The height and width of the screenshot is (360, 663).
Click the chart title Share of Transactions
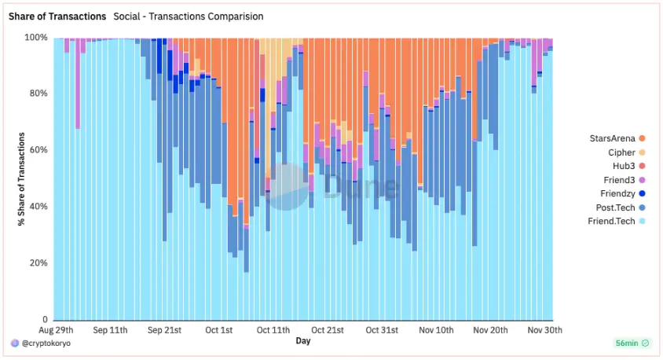tap(57, 17)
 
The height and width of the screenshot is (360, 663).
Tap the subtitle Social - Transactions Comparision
tap(189, 17)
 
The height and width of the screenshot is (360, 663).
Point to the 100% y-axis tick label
tap(36, 37)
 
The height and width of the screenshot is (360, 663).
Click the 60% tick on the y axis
tap(38, 150)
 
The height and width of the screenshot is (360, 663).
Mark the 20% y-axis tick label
tap(38, 263)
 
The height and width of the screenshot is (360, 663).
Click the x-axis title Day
tap(303, 341)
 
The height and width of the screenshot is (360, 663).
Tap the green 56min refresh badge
tap(631, 343)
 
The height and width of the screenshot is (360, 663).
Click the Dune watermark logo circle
tap(287, 186)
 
